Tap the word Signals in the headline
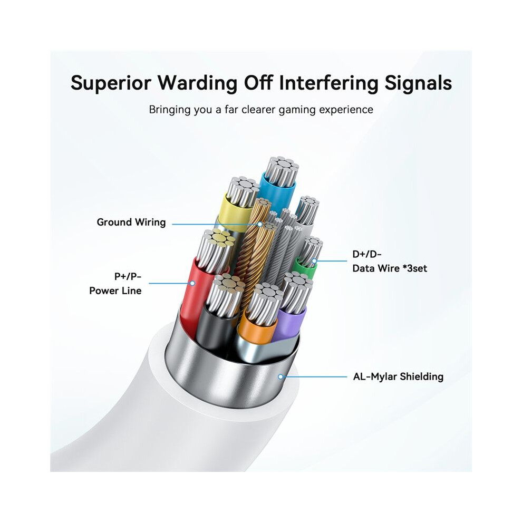[x=418, y=83]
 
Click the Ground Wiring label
[x=131, y=222]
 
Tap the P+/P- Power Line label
[x=115, y=283]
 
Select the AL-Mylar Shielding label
[x=398, y=376]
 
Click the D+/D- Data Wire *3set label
[x=390, y=262]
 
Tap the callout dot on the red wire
[x=192, y=283]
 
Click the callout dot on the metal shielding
[x=281, y=376]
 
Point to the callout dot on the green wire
[x=314, y=261]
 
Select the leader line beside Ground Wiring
[x=216, y=224]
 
